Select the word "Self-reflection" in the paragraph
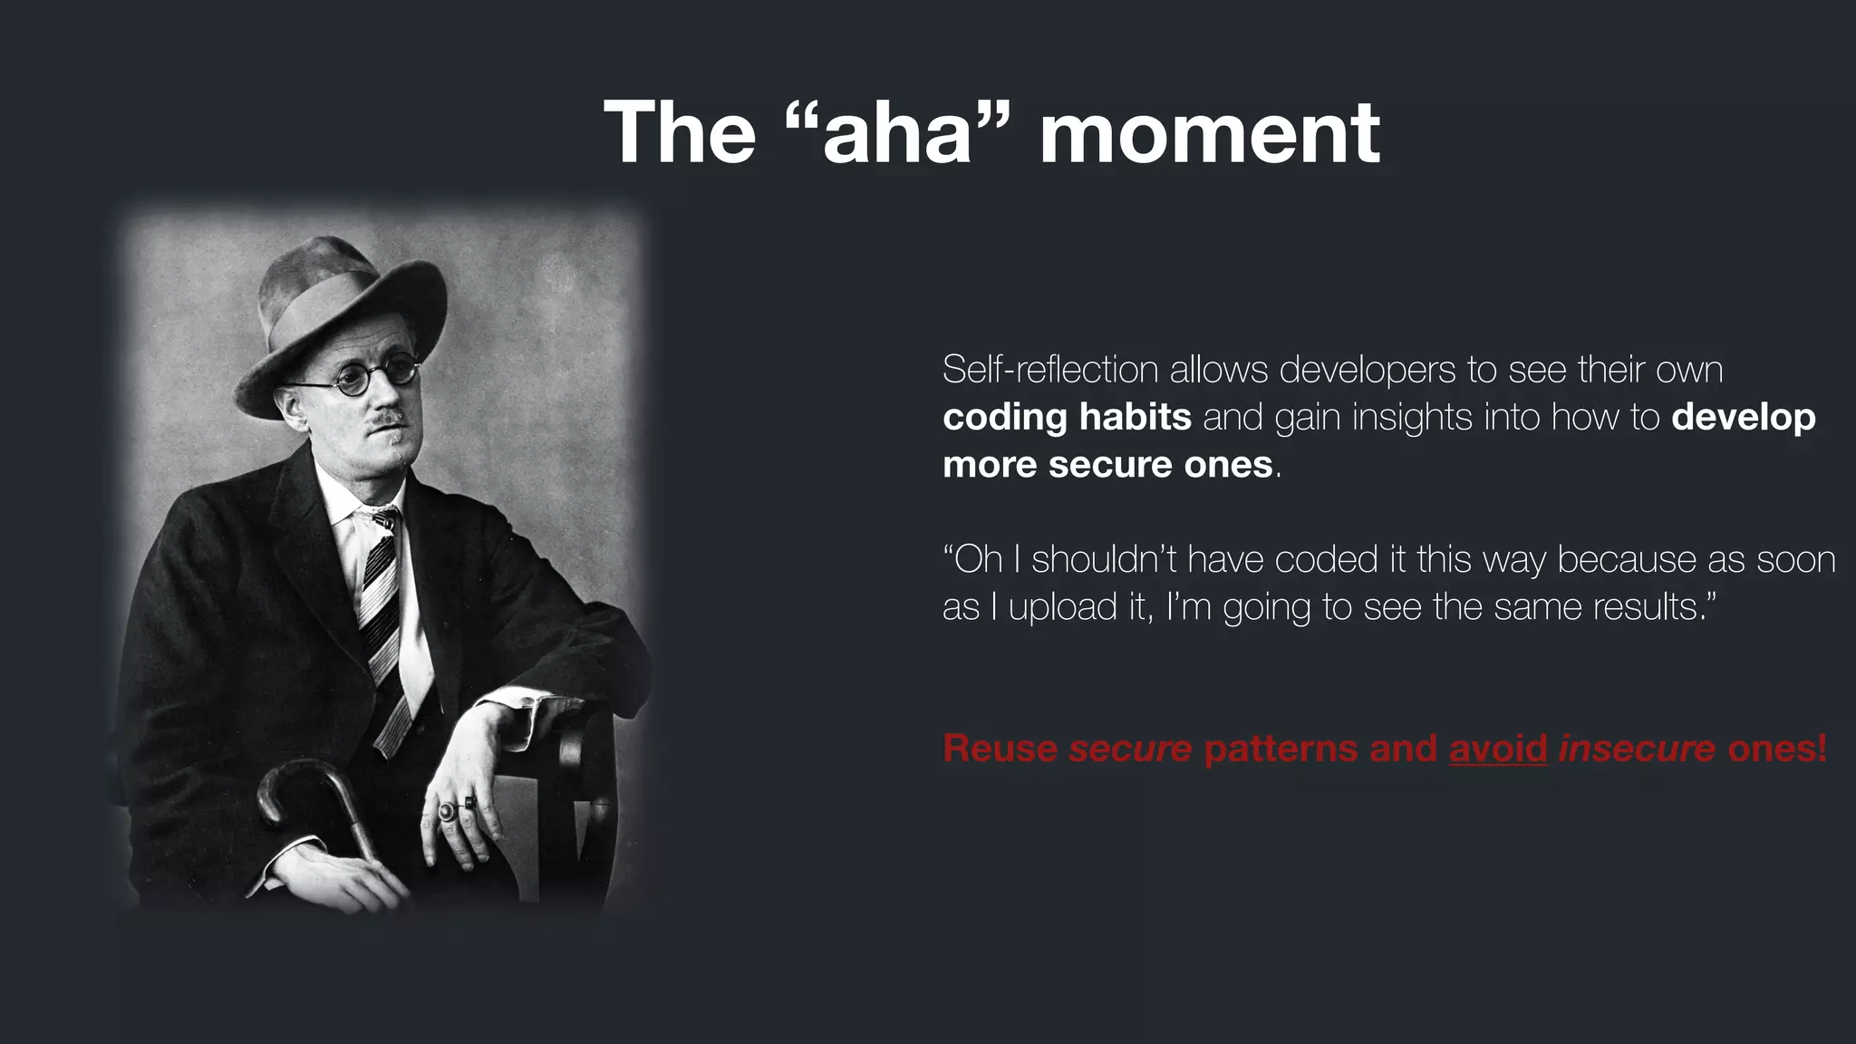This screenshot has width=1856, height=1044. pyautogui.click(x=1050, y=370)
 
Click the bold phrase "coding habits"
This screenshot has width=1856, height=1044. pyautogui.click(x=1067, y=417)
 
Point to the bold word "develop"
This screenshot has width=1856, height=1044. pyautogui.click(x=1744, y=417)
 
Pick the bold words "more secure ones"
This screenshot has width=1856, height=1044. pyautogui.click(x=1107, y=465)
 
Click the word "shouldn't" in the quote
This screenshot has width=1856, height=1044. pyautogui.click(x=1103, y=559)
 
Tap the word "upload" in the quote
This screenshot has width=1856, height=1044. pyautogui.click(x=1064, y=607)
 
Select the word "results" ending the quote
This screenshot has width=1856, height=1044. pyautogui.click(x=1644, y=607)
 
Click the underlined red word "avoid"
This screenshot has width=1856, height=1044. pyautogui.click(x=1498, y=749)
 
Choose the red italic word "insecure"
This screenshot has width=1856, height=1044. pyautogui.click(x=1637, y=749)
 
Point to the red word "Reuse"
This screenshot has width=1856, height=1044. pyautogui.click(x=1000, y=749)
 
